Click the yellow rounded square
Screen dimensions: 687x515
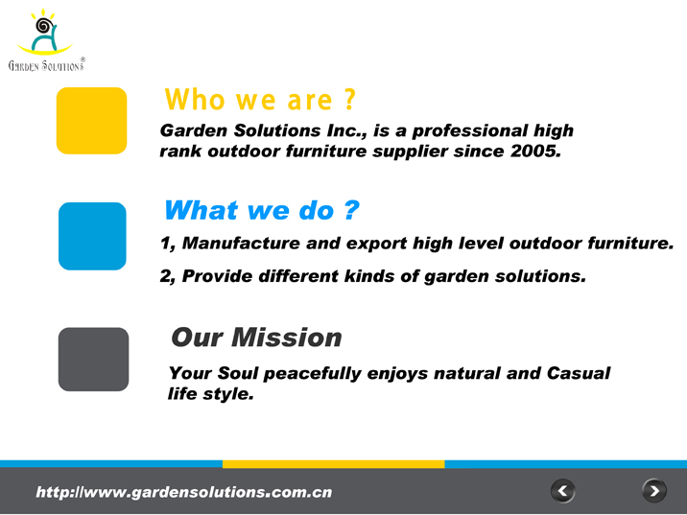coord(91,121)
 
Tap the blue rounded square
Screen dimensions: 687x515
coord(92,236)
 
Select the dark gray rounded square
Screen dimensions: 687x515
coord(93,359)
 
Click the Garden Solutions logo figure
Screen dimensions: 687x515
coord(44,32)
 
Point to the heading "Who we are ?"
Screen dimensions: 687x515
coord(260,100)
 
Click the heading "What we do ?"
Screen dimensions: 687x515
coord(262,210)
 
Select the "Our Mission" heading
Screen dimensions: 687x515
coord(256,338)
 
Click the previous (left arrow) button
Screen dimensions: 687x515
coord(562,491)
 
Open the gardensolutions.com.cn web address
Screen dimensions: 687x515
coord(184,492)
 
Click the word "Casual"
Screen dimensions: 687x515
coord(579,373)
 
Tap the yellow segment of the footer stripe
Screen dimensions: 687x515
coord(333,464)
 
